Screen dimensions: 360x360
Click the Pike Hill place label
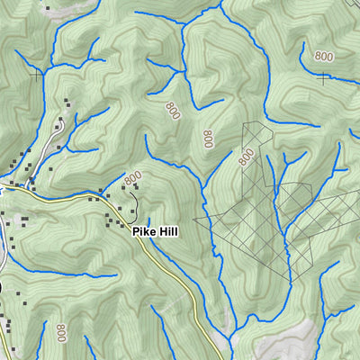point(155,231)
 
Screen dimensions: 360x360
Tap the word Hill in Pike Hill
point(166,231)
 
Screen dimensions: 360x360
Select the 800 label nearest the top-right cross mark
point(324,56)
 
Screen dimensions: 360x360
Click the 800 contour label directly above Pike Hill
point(133,179)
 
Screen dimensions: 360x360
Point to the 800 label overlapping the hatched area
point(246,157)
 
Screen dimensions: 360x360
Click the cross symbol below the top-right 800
point(323,78)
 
